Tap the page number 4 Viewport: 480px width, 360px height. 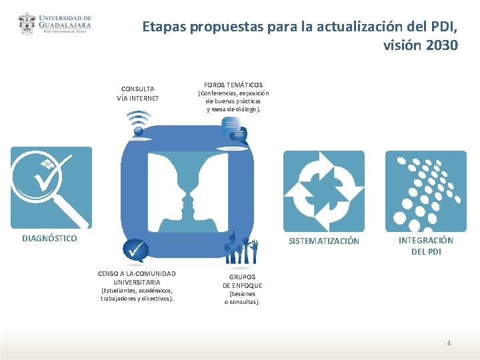[449, 343]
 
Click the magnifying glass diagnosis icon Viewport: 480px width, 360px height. [51, 187]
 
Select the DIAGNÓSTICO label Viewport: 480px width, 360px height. [49, 238]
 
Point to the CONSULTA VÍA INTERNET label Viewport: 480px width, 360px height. [138, 93]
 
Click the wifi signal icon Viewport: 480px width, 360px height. [139, 124]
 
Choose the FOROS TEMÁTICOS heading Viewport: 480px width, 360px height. [233, 85]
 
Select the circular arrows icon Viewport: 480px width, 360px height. [324, 191]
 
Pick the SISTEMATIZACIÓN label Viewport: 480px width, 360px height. [324, 241]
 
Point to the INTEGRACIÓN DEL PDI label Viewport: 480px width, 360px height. [425, 246]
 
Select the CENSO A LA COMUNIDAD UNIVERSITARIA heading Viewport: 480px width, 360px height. [137, 278]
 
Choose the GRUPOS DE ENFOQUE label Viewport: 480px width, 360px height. [242, 281]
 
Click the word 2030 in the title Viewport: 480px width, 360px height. [440, 45]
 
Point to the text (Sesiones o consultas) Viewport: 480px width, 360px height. [242, 298]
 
